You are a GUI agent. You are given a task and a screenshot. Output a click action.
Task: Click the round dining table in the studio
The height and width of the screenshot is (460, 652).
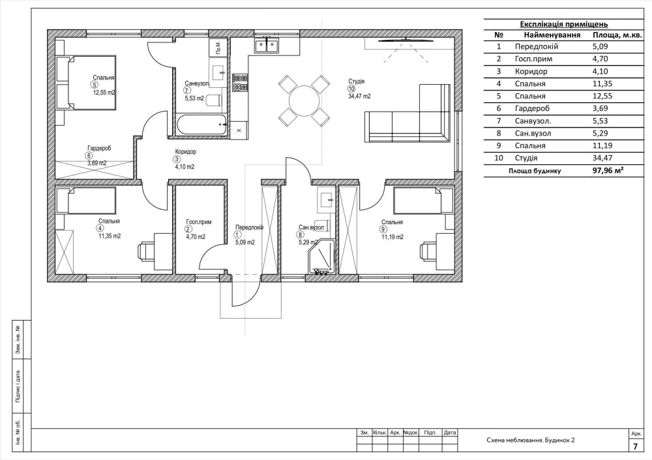(x=304, y=100)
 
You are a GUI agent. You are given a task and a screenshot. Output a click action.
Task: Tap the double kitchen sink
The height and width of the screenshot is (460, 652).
(x=267, y=45)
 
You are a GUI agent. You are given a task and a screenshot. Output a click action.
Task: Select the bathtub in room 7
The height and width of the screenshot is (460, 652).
(x=201, y=125)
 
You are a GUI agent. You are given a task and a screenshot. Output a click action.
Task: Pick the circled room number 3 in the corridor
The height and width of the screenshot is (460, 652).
(x=177, y=159)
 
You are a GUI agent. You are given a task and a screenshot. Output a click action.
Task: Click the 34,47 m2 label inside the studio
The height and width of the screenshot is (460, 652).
(x=359, y=96)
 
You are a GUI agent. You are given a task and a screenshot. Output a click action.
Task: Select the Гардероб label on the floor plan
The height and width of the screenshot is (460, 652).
(x=99, y=148)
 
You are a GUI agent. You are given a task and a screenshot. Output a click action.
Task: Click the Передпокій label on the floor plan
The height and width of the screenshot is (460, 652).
(x=249, y=227)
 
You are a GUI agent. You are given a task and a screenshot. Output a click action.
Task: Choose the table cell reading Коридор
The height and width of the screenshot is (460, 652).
(x=531, y=71)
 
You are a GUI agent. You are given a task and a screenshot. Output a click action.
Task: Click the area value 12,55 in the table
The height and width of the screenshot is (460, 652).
(x=600, y=96)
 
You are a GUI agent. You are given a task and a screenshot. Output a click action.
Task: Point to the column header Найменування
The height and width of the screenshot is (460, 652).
(x=552, y=35)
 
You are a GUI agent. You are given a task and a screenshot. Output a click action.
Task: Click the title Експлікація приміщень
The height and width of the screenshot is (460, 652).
(x=564, y=24)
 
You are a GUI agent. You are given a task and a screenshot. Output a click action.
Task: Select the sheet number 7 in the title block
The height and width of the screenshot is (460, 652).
(x=635, y=447)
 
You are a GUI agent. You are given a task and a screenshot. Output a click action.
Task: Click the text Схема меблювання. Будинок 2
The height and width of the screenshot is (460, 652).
(x=531, y=440)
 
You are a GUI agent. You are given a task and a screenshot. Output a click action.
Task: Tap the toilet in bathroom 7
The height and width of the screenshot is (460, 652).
(x=214, y=101)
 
